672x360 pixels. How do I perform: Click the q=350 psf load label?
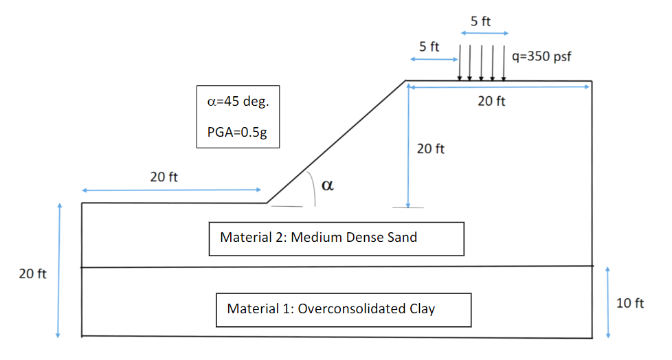541,56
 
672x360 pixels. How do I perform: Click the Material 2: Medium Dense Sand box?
336,238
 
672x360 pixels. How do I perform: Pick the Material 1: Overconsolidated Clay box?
343,309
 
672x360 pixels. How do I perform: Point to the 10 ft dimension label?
630,303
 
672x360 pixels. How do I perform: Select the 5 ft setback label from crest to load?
429,47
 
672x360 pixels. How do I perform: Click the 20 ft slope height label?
431,148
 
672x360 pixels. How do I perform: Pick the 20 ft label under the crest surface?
491,102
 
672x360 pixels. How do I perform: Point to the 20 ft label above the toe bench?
164,177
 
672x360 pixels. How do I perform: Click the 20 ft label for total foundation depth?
32,274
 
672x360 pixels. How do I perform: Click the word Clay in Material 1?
421,309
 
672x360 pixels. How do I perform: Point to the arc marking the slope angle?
313,189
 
